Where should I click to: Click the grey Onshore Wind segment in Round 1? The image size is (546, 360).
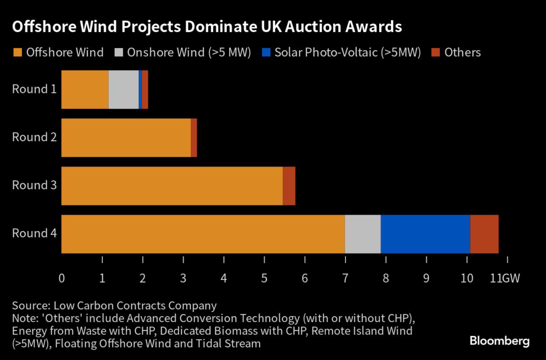tap(123, 90)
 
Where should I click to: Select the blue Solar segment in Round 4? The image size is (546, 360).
tap(425, 234)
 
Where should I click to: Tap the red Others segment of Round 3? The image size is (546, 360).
tap(288, 186)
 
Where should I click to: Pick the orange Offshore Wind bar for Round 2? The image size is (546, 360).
tap(126, 138)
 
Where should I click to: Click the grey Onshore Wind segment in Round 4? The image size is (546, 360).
tap(363, 234)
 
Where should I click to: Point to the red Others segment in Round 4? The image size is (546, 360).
tap(484, 234)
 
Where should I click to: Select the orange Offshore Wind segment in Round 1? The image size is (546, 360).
tap(85, 90)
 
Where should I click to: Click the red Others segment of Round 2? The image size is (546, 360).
tap(194, 138)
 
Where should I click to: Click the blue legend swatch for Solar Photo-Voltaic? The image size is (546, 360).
tap(266, 52)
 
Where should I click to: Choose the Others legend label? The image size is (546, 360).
tap(462, 52)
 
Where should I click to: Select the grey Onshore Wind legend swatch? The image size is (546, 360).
tap(119, 52)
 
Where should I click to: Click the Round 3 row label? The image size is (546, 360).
tap(34, 185)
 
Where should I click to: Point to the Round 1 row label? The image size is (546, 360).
tap(34, 89)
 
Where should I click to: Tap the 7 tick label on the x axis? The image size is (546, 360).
tap(345, 278)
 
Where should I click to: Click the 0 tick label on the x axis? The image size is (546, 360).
tap(62, 278)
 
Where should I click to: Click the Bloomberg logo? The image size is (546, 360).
tap(499, 341)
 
